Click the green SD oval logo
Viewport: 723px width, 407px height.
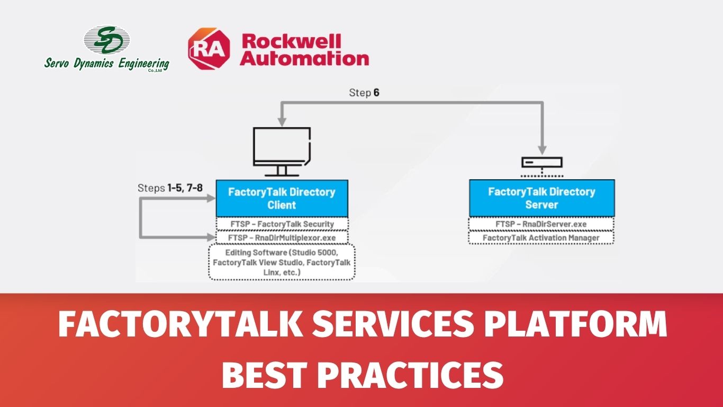coord(107,40)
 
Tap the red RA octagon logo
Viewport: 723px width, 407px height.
coord(209,49)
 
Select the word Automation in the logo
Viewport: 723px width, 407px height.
coord(304,59)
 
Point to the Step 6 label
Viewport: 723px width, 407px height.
coord(364,93)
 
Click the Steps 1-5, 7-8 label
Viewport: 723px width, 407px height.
coord(170,188)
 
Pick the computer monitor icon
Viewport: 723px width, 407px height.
coord(282,152)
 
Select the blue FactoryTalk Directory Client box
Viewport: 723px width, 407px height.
coord(282,198)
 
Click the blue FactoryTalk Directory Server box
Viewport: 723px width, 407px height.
coord(542,198)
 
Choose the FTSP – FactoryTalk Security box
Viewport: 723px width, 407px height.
coord(282,224)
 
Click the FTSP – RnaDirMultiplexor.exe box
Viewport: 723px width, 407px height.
coord(282,237)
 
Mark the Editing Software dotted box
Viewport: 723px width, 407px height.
coord(282,262)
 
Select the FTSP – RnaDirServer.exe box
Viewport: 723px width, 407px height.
coord(541,224)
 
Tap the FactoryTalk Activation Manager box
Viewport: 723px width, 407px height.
coord(541,238)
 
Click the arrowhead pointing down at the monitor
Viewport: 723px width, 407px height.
coord(282,122)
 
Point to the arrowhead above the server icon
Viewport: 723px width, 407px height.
coord(542,150)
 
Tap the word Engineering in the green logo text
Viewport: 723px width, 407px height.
coord(143,64)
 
